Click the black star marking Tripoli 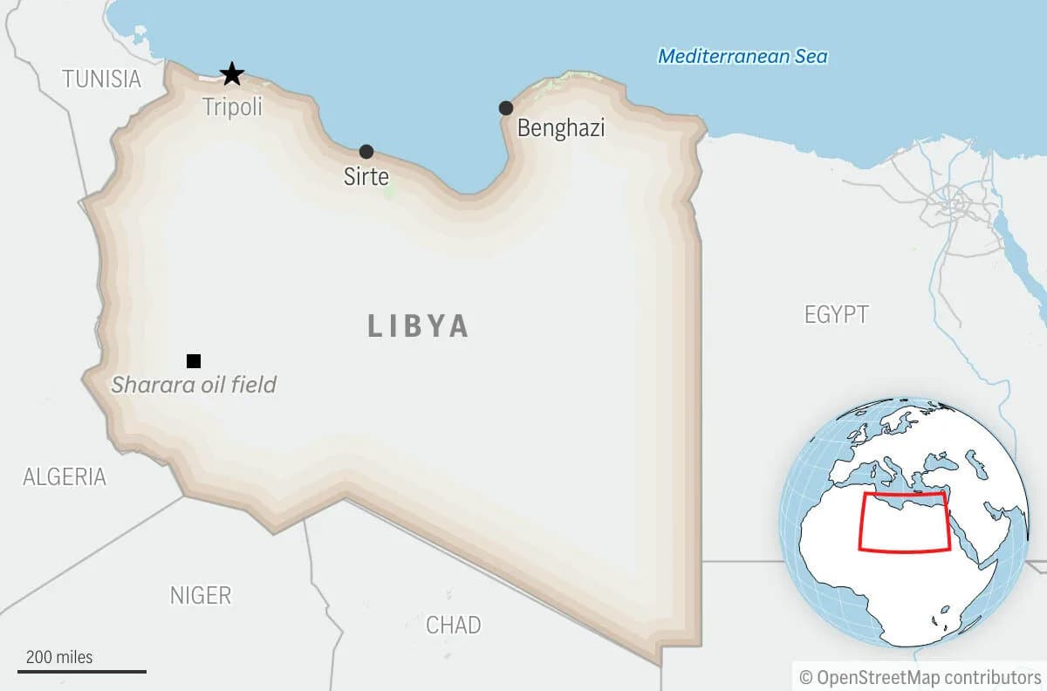[231, 74]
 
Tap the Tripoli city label [232, 107]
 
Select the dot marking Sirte [366, 152]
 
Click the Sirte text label [366, 177]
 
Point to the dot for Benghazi [506, 108]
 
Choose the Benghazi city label [561, 128]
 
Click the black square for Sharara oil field [194, 361]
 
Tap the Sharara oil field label [194, 384]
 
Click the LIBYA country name [419, 326]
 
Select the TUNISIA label [101, 79]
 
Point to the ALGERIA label [65, 477]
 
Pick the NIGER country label [201, 596]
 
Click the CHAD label [453, 625]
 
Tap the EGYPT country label [837, 315]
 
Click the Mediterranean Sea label [742, 57]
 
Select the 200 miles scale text [59, 657]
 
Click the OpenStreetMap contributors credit [920, 677]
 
